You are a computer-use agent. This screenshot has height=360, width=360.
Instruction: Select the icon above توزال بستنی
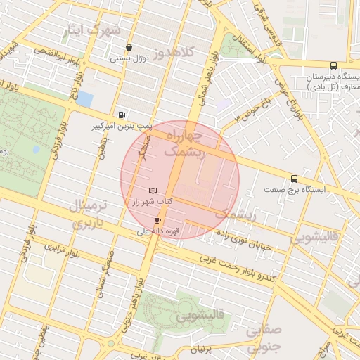[x=128, y=48]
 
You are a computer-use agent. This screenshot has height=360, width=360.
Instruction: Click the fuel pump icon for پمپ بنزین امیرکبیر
[x=124, y=115]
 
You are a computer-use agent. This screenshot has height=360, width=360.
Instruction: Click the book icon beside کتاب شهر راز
[x=153, y=191]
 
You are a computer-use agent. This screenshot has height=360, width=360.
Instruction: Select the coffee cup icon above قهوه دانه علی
[x=157, y=220]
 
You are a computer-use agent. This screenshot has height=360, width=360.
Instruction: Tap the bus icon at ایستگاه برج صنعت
[x=294, y=179]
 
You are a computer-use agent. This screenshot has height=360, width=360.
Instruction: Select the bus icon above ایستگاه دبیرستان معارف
[x=333, y=65]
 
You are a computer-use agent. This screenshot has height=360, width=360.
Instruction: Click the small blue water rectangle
[x=84, y=98]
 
